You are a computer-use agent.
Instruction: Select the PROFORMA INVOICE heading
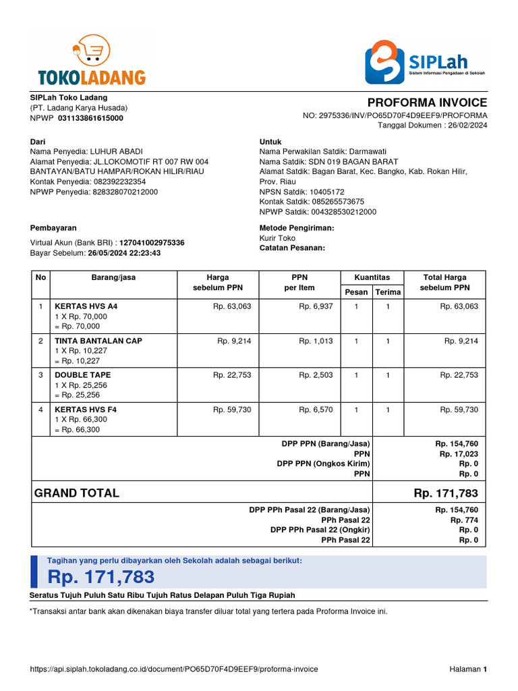427,103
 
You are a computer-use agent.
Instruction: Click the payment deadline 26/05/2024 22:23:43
124,253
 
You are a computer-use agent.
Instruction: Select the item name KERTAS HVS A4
86,306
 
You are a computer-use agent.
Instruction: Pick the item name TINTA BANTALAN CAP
98,341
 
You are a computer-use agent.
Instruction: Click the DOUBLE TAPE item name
83,375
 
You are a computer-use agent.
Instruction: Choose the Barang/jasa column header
113,277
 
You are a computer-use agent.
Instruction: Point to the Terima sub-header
388,292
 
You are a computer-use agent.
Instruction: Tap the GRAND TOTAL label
77,493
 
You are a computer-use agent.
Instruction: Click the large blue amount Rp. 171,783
101,577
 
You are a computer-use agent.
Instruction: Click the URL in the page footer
174,669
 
